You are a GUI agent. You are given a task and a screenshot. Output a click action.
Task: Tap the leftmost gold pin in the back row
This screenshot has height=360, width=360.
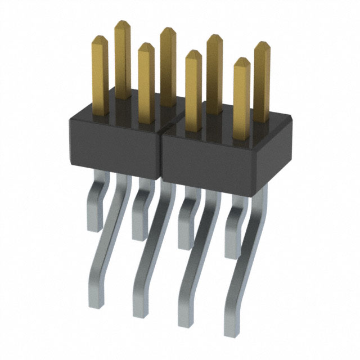(123, 62)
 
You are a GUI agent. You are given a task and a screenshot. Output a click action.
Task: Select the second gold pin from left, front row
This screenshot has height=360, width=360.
(146, 84)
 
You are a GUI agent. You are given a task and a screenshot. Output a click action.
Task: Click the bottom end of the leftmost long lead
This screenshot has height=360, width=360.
(97, 304)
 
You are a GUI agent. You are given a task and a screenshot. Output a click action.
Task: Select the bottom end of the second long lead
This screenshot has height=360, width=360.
(141, 312)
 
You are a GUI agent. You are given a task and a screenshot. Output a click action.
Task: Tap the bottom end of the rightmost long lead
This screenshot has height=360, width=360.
(232, 331)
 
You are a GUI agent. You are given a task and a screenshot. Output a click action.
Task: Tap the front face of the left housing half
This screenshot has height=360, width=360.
(115, 146)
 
